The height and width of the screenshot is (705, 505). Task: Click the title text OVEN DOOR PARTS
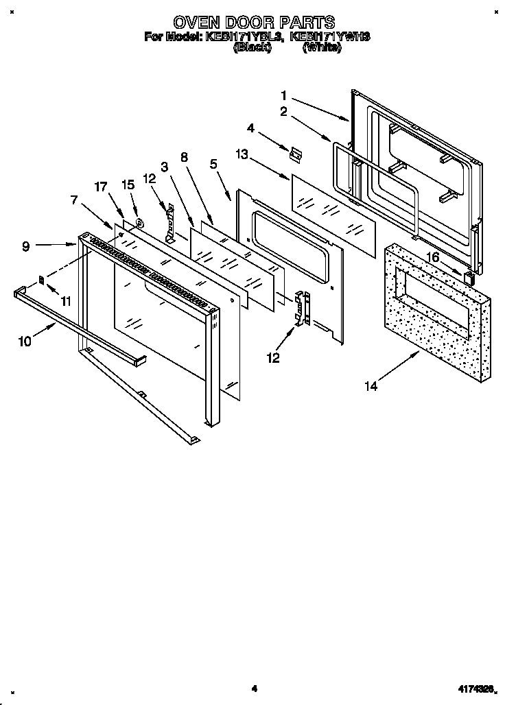pyautogui.click(x=253, y=23)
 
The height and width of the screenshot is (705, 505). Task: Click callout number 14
pyautogui.click(x=371, y=387)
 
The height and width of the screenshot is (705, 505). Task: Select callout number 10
pyautogui.click(x=25, y=341)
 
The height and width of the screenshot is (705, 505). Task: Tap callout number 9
pyautogui.click(x=25, y=246)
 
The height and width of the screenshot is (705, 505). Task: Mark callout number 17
pyautogui.click(x=101, y=187)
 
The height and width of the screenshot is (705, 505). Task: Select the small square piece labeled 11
pyautogui.click(x=41, y=279)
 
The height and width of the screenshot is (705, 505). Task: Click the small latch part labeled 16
pyautogui.click(x=469, y=278)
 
